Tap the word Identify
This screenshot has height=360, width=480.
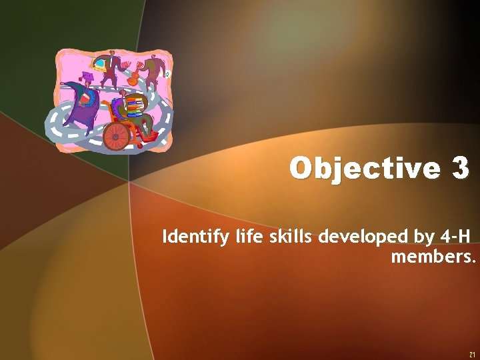tap(191, 237)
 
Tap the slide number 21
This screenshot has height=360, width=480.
tap(472, 353)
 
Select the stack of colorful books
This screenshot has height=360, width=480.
tap(135, 105)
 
